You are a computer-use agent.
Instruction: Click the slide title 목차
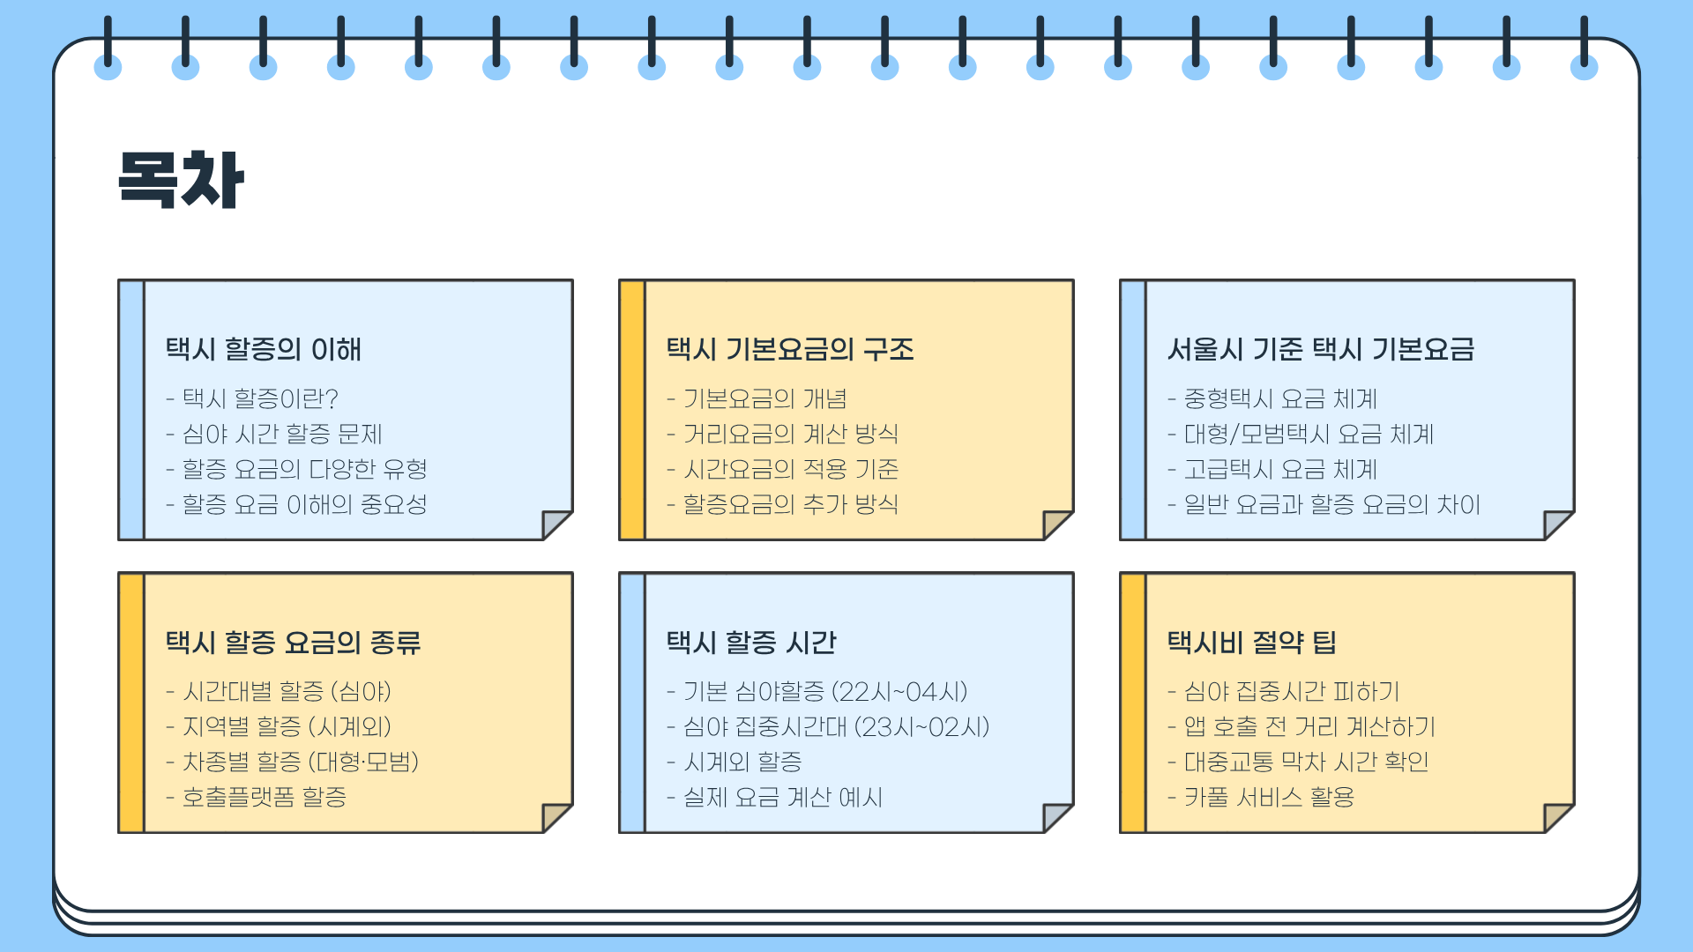(x=181, y=180)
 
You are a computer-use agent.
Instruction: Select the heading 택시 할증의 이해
(x=264, y=349)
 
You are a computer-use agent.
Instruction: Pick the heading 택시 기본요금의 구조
(x=790, y=349)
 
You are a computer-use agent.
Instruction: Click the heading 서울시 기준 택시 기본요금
(x=1321, y=349)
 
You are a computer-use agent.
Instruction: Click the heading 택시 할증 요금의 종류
(x=293, y=642)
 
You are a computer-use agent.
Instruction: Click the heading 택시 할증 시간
(x=751, y=642)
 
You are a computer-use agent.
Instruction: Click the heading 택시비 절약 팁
(x=1252, y=642)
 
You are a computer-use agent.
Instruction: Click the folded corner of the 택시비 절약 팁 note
(x=1556, y=816)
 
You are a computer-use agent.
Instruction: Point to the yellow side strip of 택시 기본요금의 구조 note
(x=632, y=410)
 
